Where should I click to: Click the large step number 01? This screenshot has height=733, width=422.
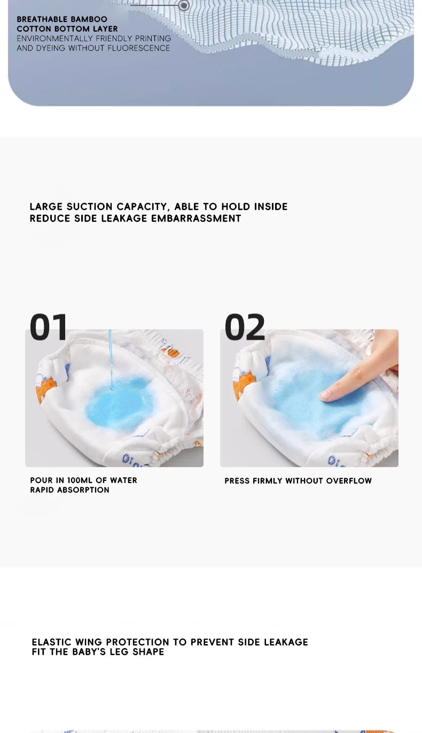(49, 327)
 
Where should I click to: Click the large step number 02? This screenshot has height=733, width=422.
(245, 327)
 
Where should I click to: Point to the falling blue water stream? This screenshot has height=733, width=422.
(111, 360)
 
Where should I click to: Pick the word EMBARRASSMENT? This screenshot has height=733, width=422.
(196, 219)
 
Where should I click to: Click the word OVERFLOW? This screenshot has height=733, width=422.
(349, 481)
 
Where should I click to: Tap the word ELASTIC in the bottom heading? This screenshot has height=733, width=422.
(51, 642)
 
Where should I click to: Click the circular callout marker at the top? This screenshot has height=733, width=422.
(184, 5)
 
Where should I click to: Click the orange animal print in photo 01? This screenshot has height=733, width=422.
(45, 390)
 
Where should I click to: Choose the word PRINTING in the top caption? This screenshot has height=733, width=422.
(153, 38)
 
